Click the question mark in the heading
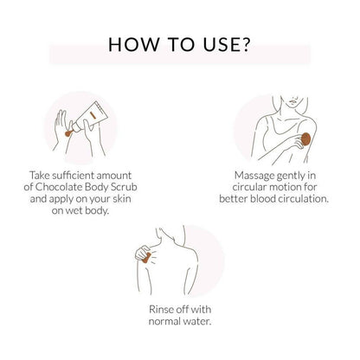[x=246, y=44]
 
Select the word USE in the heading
[x=221, y=45]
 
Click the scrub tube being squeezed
[x=90, y=117]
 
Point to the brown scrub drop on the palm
[x=68, y=133]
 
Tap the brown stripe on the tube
[x=93, y=115]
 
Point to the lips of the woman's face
[x=292, y=101]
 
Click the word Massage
[x=254, y=176]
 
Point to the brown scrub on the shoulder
[x=146, y=258]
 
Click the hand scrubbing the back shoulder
[x=144, y=253]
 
